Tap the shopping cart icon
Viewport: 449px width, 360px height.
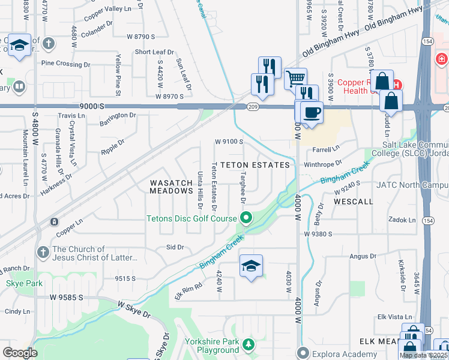click(295, 78)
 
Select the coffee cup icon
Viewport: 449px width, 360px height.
click(311, 113)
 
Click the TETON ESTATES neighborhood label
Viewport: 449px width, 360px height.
click(255, 164)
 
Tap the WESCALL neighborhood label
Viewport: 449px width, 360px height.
click(354, 202)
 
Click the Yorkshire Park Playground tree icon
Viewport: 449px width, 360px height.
click(249, 345)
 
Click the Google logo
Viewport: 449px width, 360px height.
click(19, 352)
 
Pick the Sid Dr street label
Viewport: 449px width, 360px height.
click(175, 247)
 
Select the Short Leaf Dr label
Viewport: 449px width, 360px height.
click(154, 52)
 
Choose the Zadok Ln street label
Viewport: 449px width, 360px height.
click(402, 220)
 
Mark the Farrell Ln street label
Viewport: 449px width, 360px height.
click(327, 147)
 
